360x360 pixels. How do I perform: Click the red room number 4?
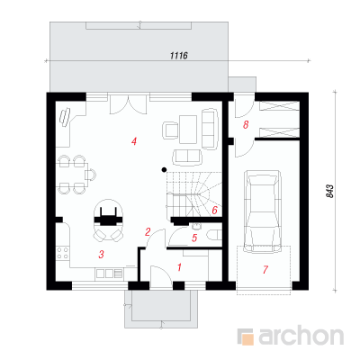click(134, 141)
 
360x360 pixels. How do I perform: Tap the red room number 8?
click(246, 124)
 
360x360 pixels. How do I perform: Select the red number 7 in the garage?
click(265, 269)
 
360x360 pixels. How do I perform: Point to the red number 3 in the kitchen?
click(102, 255)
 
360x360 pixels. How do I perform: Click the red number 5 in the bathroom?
click(194, 238)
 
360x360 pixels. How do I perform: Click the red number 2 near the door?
click(148, 232)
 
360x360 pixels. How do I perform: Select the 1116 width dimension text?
click(178, 56)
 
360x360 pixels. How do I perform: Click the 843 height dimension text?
click(329, 191)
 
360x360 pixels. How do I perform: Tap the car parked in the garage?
click(263, 211)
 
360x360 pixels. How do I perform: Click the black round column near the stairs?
click(164, 170)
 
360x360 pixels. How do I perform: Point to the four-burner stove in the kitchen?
click(62, 253)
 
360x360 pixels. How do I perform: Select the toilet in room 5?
click(214, 235)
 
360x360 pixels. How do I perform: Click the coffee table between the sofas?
click(188, 130)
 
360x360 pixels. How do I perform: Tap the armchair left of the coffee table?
click(170, 130)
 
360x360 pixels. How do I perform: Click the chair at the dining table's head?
click(91, 175)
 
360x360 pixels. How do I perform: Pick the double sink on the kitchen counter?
click(104, 274)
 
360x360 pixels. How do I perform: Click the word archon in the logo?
click(301, 337)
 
